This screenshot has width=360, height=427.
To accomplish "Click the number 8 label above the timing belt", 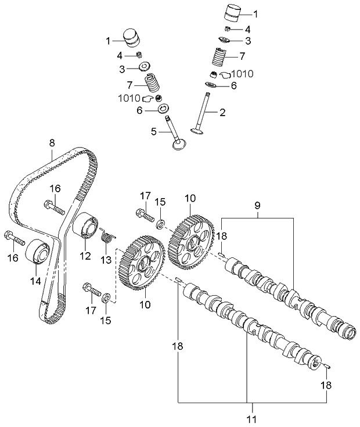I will tap(52, 142).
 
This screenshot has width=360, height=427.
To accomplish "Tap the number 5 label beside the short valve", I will tap(153, 132).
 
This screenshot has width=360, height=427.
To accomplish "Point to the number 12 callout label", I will tap(85, 255).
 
